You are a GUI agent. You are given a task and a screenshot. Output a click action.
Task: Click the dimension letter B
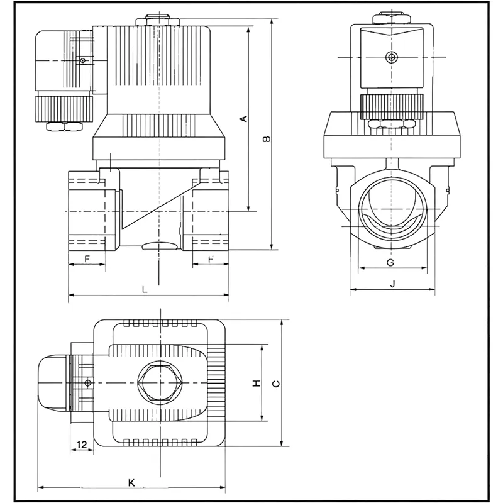pyautogui.click(x=267, y=139)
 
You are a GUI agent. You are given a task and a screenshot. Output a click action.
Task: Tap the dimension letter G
pyautogui.click(x=390, y=262)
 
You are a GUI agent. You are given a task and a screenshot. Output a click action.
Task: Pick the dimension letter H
pyautogui.click(x=256, y=383)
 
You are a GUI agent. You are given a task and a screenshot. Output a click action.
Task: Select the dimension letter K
pyautogui.click(x=131, y=483)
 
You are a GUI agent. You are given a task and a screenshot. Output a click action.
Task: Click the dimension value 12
pyautogui.click(x=81, y=445)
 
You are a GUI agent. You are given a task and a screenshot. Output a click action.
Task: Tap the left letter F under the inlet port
pyautogui.click(x=87, y=259)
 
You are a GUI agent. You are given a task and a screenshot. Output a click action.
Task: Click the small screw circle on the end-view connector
pyautogui.click(x=392, y=57)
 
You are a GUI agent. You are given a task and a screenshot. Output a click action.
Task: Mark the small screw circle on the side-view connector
pyautogui.click(x=82, y=60)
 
